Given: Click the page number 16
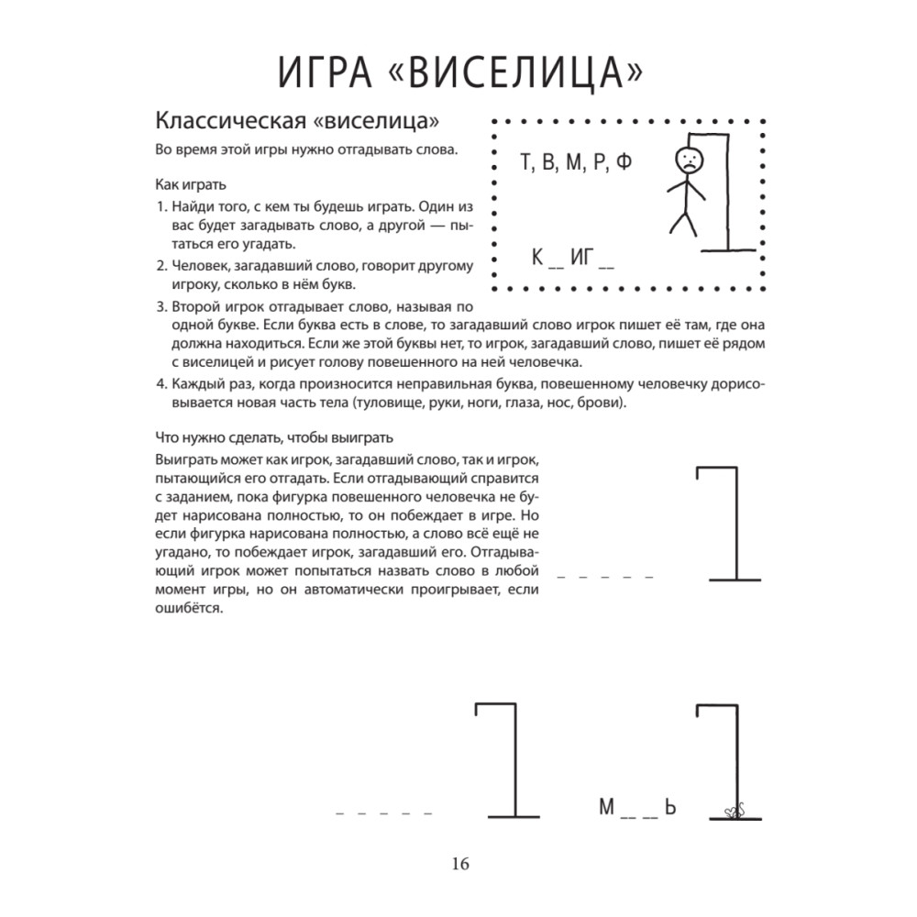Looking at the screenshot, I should (459, 863).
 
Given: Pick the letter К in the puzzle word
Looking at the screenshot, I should (537, 258).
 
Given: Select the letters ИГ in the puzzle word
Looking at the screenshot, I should (581, 258).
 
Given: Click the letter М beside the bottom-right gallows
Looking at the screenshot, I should (605, 807).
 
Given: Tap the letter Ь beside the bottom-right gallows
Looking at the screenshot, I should (670, 807).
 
